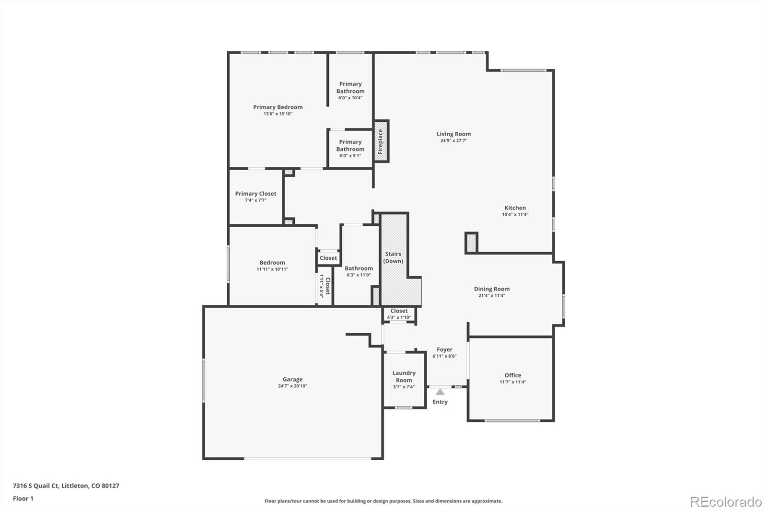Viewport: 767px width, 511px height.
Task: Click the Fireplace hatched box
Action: point(381,141)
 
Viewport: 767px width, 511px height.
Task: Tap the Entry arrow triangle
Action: point(440,392)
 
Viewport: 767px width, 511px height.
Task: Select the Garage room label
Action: point(292,379)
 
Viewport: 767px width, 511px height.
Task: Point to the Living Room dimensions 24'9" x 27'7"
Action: point(453,141)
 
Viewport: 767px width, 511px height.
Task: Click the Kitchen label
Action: point(515,208)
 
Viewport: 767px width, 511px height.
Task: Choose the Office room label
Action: point(512,375)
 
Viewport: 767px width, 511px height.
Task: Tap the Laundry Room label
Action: point(404,376)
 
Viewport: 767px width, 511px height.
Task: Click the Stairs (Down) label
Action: point(393,257)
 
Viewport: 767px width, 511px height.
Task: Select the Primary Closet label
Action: point(256,194)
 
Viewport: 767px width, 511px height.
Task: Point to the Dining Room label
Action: point(491,289)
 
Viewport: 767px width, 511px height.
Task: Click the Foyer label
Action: point(444,349)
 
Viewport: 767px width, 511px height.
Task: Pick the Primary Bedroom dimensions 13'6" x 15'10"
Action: point(278,114)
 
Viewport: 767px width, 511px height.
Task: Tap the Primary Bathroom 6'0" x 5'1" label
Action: point(350,149)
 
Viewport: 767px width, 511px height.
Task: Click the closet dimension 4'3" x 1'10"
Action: point(399,317)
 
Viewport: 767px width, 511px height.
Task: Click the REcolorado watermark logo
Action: point(725,502)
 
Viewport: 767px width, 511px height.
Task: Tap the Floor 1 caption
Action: point(23,499)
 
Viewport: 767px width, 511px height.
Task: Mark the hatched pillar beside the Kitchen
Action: point(472,243)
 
